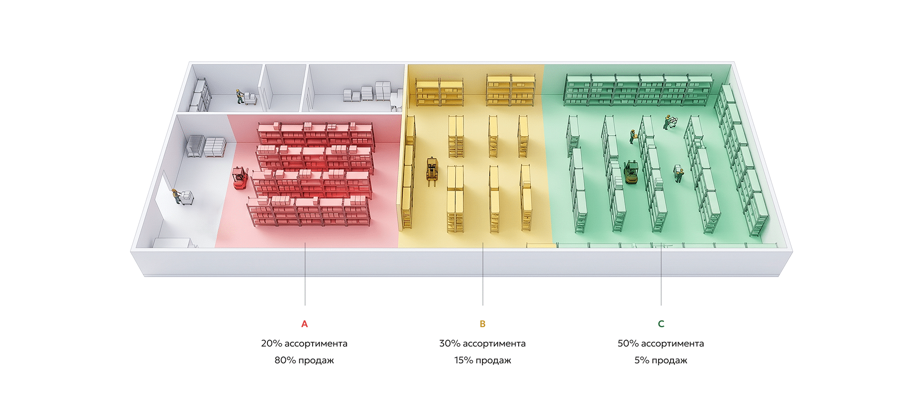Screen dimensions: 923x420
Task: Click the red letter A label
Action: click(x=304, y=324)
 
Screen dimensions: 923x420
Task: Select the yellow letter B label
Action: click(x=482, y=324)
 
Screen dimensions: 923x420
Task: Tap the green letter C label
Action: click(x=661, y=324)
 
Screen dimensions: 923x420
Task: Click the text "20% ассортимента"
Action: click(x=304, y=343)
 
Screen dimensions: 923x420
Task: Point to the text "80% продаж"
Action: click(x=304, y=360)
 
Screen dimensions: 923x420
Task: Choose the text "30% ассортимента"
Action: click(x=482, y=343)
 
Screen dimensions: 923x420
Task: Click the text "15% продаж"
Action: click(x=482, y=360)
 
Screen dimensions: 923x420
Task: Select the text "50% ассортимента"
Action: click(x=661, y=343)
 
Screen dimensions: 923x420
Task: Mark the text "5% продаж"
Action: click(x=661, y=360)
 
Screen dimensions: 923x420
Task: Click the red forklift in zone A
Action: click(x=240, y=178)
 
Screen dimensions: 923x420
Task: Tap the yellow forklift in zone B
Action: click(x=432, y=171)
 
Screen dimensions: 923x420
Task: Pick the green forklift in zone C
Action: click(x=631, y=173)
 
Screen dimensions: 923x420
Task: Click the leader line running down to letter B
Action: click(x=482, y=274)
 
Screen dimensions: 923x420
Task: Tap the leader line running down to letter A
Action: click(x=305, y=274)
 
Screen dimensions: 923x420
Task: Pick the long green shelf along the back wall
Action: click(x=638, y=89)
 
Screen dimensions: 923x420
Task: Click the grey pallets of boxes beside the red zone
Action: click(x=207, y=146)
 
